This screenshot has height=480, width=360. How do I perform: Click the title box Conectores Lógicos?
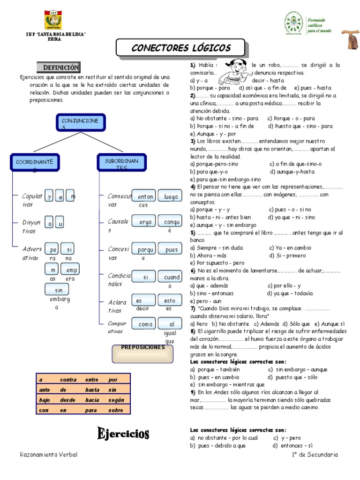click(180, 48)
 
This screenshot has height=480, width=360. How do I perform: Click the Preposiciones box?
click(142, 353)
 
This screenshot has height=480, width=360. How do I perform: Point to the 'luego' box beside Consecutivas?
click(170, 197)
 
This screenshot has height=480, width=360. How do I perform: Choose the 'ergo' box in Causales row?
click(143, 222)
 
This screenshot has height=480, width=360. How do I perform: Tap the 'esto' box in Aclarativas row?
click(170, 300)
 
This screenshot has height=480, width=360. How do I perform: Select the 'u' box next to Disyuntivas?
click(60, 224)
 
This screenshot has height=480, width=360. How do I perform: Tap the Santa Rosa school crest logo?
click(52, 21)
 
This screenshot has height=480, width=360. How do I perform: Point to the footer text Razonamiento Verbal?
click(49, 455)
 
